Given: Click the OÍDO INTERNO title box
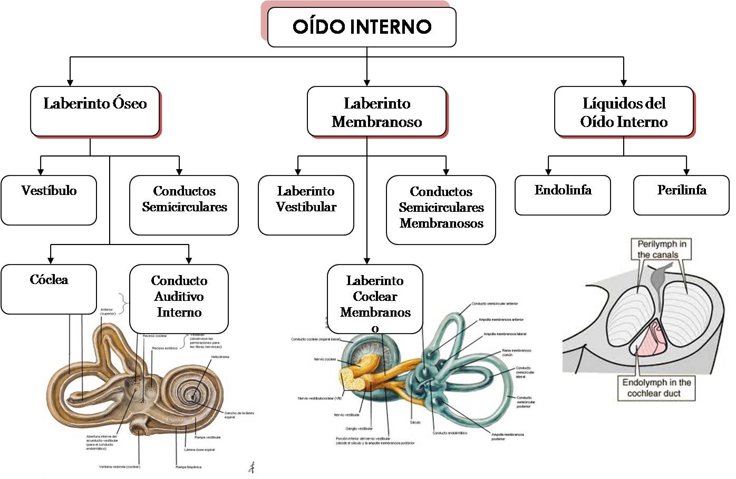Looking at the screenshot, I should pos(362,27).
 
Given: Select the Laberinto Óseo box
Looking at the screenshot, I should pos(95,111).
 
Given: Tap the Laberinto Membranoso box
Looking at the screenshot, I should pos(376,112).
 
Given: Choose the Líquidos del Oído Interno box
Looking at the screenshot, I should pos(624,112).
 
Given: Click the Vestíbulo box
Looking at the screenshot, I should pos(49,200).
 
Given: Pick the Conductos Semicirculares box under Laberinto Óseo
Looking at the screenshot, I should pos(184,204).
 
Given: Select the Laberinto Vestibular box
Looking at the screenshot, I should pos(306,204).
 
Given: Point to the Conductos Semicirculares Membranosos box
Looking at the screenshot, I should pos(441,209).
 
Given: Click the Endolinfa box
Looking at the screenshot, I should pos(563,195).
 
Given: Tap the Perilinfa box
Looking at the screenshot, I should pos(681,195).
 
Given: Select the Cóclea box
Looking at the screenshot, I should pos(49,288).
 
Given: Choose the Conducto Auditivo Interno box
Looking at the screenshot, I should pos(179,298).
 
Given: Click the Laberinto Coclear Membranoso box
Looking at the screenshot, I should pos(375,299).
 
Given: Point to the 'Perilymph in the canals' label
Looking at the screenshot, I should pos(662,249).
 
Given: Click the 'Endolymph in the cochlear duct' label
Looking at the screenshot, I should pos(656,388).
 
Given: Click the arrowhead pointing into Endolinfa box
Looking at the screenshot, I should pos(548,172).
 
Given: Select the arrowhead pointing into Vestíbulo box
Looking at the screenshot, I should pos(41,172).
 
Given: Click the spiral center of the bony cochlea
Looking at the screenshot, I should pos(193,396).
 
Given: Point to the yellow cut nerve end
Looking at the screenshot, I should pos(348,379).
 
